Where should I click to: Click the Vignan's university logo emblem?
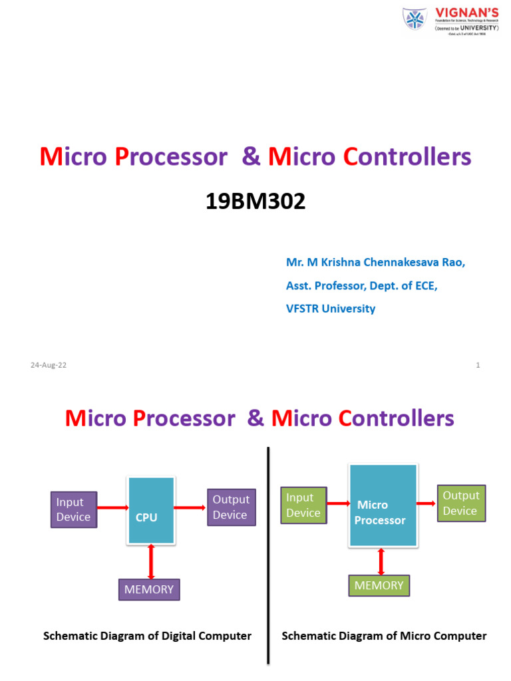click(x=415, y=20)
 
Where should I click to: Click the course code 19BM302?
click(x=255, y=201)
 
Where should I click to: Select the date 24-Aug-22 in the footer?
click(x=49, y=365)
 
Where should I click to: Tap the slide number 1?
click(x=478, y=365)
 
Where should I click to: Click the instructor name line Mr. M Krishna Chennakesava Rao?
click(x=375, y=262)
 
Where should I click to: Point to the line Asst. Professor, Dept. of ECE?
click(x=362, y=285)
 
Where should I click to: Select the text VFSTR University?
click(x=331, y=309)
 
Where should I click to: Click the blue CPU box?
click(x=151, y=510)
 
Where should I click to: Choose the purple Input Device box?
click(x=74, y=510)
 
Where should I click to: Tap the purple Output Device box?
click(x=231, y=507)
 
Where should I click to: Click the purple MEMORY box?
click(x=149, y=589)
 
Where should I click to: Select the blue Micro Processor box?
click(x=382, y=505)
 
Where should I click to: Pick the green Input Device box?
click(x=304, y=505)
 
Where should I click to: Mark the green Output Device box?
click(x=460, y=503)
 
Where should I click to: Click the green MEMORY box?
click(x=379, y=585)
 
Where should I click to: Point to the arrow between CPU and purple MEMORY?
click(x=151, y=561)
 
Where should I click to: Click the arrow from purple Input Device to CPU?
click(x=112, y=508)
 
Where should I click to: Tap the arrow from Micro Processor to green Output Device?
click(x=426, y=503)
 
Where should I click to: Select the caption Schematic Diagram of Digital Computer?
click(x=147, y=636)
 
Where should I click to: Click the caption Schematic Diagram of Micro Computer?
click(x=384, y=636)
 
